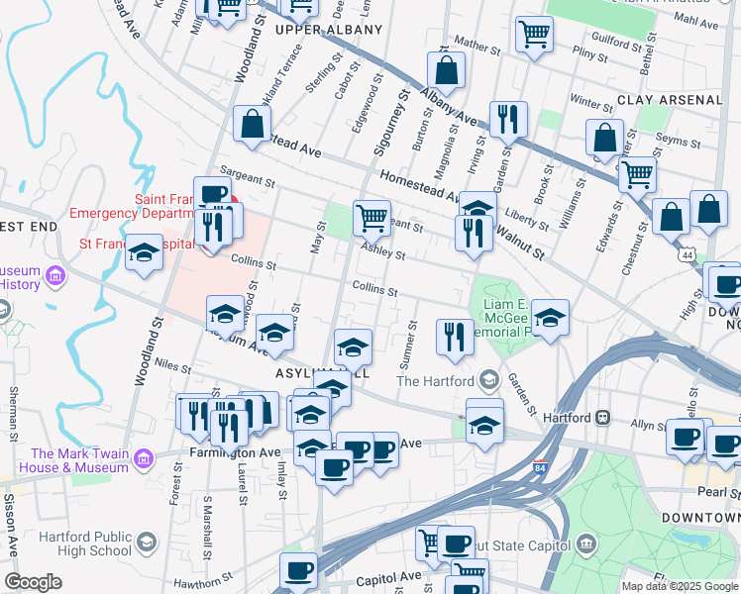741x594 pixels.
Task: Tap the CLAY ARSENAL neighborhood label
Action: (670, 100)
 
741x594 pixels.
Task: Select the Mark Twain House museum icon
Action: (145, 459)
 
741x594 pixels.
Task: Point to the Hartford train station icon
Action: (601, 419)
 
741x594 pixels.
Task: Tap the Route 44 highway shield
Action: (687, 255)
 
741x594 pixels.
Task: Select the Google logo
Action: (33, 582)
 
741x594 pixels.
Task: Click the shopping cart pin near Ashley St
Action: (371, 217)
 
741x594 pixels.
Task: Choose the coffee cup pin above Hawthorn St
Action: (298, 569)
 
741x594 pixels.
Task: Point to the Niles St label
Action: (173, 367)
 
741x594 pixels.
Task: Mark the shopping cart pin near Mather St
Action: (533, 35)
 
